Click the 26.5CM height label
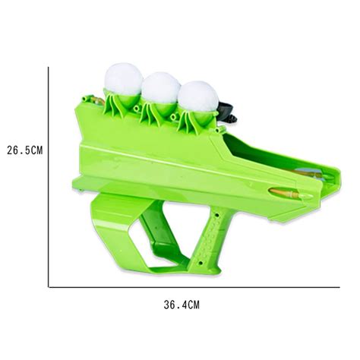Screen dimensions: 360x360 tap(24, 150)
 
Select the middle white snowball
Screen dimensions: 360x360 tap(160, 88)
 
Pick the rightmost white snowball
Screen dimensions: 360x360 tap(197, 96)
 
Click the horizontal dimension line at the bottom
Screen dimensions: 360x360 tap(190, 287)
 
